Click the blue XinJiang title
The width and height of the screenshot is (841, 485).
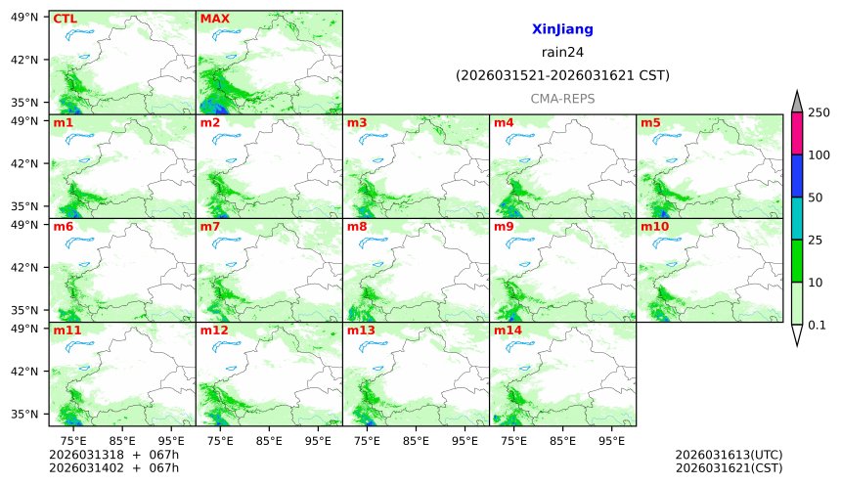[x=562, y=30]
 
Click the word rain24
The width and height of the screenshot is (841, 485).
[x=562, y=53]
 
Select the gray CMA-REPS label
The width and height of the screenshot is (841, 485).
[x=562, y=99]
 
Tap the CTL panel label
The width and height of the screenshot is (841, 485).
[x=65, y=19]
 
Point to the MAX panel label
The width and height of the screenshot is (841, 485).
[x=214, y=19]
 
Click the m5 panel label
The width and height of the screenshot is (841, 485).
[x=650, y=123]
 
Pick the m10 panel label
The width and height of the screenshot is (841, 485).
[x=655, y=227]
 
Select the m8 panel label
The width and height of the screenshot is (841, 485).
[x=357, y=227]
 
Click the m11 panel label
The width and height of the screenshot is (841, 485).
[x=66, y=331]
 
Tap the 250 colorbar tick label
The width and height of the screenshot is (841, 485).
[x=819, y=112]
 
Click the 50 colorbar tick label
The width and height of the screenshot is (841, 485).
[x=815, y=198]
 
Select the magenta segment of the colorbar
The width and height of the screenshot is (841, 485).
[x=797, y=133]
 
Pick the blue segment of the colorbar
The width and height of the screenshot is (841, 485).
[x=797, y=176]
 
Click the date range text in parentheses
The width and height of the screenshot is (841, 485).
[x=562, y=75]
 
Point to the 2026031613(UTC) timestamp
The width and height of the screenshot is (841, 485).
[x=729, y=455]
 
